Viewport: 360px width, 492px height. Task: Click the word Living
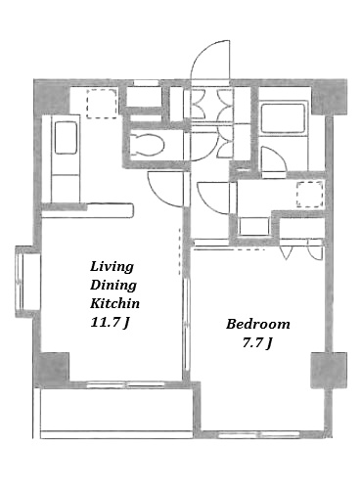click(112, 267)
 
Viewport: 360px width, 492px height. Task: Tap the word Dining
click(113, 285)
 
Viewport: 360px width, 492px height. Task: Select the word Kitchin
click(114, 303)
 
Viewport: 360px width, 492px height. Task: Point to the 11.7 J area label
click(110, 323)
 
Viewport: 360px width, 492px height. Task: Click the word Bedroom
click(258, 324)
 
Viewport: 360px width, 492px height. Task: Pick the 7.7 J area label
click(257, 343)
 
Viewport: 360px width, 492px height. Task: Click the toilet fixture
click(147, 145)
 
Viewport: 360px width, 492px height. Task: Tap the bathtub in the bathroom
click(283, 118)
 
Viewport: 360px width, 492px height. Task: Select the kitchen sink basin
click(66, 137)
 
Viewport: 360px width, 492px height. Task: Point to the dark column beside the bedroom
click(329, 370)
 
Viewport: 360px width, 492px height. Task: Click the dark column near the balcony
click(52, 369)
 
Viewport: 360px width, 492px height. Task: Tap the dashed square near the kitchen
click(102, 103)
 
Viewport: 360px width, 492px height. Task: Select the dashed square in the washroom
click(310, 195)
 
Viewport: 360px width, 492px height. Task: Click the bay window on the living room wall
click(27, 282)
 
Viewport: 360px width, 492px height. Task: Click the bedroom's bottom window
click(258, 434)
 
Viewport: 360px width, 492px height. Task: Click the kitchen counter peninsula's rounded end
click(130, 210)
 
